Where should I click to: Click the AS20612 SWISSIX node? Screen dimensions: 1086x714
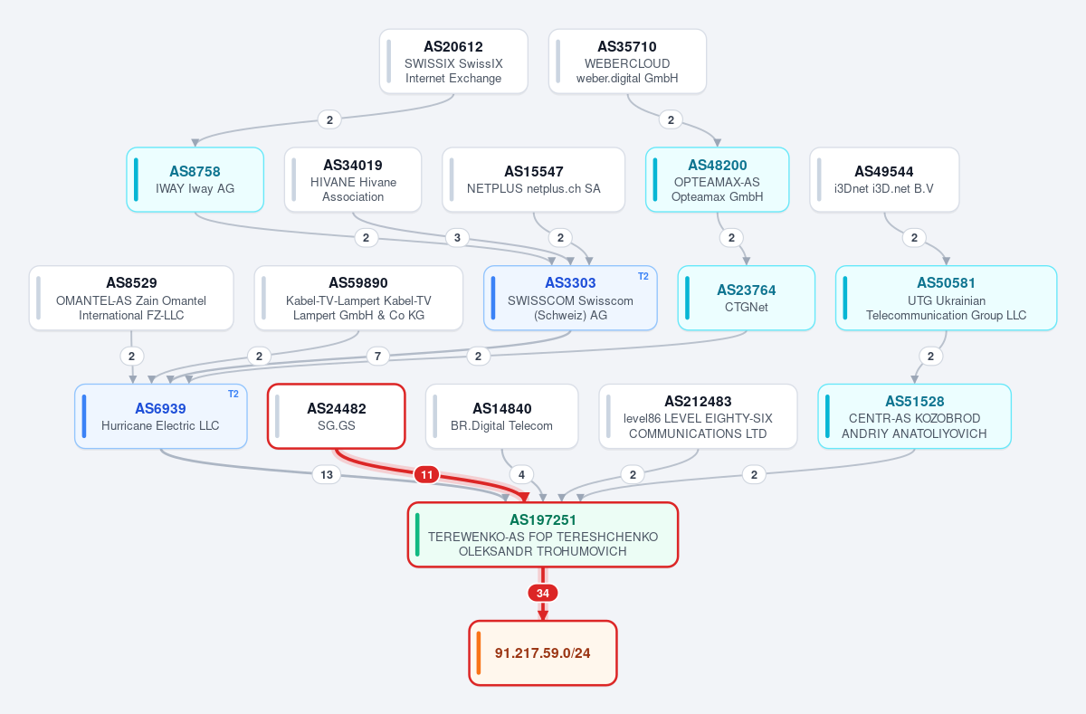click(453, 62)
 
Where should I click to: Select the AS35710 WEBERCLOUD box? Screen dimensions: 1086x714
click(627, 62)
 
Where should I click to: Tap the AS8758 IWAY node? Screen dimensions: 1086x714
click(195, 180)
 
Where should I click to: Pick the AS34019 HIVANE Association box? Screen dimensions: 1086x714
click(353, 180)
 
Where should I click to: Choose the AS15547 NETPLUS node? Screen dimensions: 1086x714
click(533, 180)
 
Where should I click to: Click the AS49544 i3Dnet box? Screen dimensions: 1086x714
click(884, 180)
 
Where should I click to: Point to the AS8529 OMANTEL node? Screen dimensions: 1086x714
click(131, 298)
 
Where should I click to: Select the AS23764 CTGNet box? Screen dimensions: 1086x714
click(746, 298)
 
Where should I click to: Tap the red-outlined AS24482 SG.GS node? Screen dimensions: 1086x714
click(337, 416)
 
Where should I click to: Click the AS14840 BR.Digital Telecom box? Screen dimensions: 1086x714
click(501, 416)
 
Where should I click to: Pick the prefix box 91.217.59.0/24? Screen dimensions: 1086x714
click(542, 653)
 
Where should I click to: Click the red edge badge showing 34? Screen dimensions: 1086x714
click(542, 593)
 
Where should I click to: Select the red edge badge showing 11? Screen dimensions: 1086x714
click(426, 474)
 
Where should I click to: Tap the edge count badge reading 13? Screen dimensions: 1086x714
click(327, 474)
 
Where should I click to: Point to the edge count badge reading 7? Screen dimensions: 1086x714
click(377, 357)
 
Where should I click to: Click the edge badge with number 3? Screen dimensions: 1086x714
click(457, 237)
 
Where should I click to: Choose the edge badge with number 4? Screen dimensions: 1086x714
click(521, 474)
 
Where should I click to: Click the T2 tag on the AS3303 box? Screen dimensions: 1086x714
click(643, 276)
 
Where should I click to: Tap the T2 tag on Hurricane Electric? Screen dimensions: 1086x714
click(233, 394)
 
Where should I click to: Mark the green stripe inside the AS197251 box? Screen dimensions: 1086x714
click(417, 535)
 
